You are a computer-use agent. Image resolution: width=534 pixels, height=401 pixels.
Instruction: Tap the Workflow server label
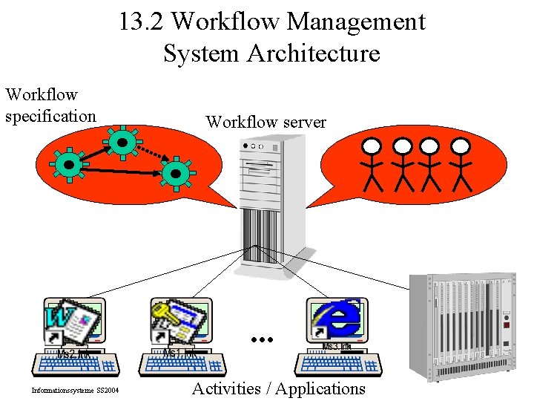[x=266, y=122]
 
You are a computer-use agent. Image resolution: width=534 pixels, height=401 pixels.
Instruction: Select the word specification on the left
[x=50, y=116]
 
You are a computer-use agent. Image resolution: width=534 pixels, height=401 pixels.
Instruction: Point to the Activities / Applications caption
[x=279, y=388]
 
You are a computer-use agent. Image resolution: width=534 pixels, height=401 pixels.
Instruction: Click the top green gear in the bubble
[x=119, y=144]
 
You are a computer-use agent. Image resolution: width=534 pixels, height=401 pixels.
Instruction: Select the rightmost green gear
[x=177, y=174]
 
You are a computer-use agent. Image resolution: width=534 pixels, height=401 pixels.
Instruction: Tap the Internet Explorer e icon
[x=343, y=319]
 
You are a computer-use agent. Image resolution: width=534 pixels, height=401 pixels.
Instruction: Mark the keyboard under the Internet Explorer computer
[x=338, y=363]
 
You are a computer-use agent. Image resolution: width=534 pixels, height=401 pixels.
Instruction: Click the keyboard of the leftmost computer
[x=76, y=364]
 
